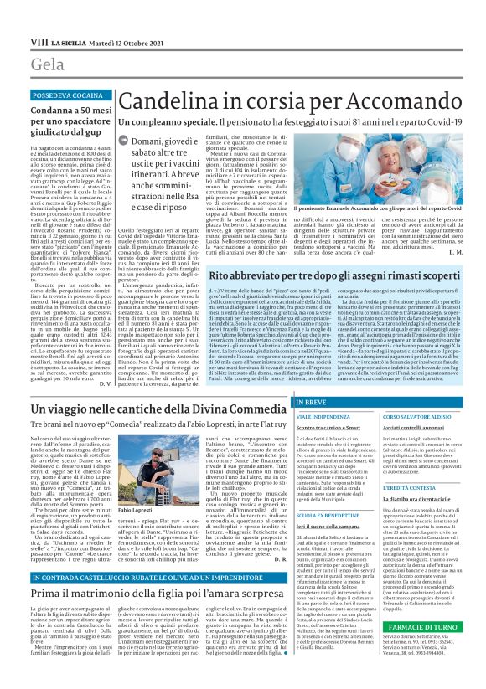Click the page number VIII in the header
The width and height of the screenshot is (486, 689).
[x=39, y=41]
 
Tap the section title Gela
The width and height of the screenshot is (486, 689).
[x=48, y=65]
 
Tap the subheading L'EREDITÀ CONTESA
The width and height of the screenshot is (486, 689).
[x=408, y=487]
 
